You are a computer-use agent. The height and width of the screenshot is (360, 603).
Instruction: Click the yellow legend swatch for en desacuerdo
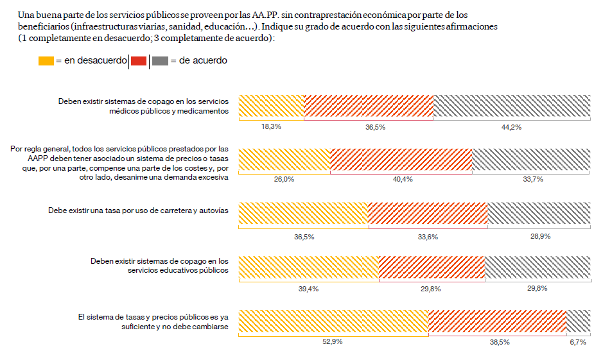pos(46,61)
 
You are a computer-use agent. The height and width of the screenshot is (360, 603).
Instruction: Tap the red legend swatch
pos(138,61)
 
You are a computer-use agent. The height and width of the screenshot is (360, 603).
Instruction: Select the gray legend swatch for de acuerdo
pos(160,61)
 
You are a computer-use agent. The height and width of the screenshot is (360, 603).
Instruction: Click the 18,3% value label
pos(271,127)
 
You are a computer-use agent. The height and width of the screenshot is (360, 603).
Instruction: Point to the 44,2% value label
pos(511,127)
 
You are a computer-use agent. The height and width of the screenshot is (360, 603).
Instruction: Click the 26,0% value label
pos(284,180)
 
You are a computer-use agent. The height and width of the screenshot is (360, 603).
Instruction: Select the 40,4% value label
pos(402,180)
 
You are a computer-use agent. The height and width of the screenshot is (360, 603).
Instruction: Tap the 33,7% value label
pos(533,180)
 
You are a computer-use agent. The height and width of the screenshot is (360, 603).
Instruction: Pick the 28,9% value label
pos(540,236)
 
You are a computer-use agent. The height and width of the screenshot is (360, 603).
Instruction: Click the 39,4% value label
pos(309,289)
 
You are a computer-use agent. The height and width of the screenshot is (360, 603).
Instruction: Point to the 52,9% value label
pos(333,342)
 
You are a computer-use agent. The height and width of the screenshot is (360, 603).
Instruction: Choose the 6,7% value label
pos(577,342)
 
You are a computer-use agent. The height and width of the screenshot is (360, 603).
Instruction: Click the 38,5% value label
pos(500,342)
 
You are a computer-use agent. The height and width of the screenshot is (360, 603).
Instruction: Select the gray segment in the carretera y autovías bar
pos(539,213)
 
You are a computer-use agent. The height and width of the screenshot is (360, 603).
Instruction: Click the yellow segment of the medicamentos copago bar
pos(271,106)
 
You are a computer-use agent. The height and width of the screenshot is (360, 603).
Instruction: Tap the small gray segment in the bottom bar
pos(578,321)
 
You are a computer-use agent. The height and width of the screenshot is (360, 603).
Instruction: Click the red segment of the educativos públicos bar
pos(432,267)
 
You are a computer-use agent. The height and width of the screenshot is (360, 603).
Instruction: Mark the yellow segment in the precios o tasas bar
pos(284,160)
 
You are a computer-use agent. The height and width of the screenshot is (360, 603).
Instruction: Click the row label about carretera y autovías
pos(138,210)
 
